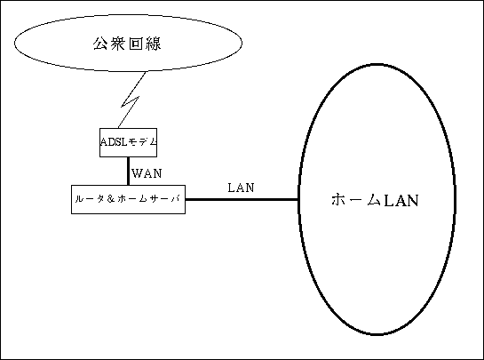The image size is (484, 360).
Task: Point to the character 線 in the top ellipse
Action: pyautogui.click(x=153, y=44)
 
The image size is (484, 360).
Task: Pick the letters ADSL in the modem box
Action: pyautogui.click(x=114, y=142)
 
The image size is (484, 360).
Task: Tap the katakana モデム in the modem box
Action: pyautogui.click(x=142, y=142)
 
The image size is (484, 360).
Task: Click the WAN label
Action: pyautogui.click(x=147, y=173)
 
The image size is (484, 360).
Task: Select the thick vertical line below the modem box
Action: pyautogui.click(x=128, y=171)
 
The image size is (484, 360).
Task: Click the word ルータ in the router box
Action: pyautogui.click(x=90, y=199)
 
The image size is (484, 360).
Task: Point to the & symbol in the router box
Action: pyautogui.click(x=111, y=199)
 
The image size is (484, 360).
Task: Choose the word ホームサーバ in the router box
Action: pyautogui.click(x=148, y=199)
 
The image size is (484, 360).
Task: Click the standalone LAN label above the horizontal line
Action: pyautogui.click(x=241, y=188)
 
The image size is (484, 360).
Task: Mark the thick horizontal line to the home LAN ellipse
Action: pyautogui.click(x=242, y=200)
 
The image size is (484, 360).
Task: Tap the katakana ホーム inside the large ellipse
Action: pyautogui.click(x=356, y=200)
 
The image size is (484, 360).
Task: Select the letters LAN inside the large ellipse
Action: pyautogui.click(x=401, y=200)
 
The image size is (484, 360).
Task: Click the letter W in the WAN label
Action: pyautogui.click(x=137, y=173)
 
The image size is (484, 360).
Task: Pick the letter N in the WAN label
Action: pyautogui.click(x=157, y=173)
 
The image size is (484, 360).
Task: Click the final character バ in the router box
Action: pyautogui.click(x=175, y=199)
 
